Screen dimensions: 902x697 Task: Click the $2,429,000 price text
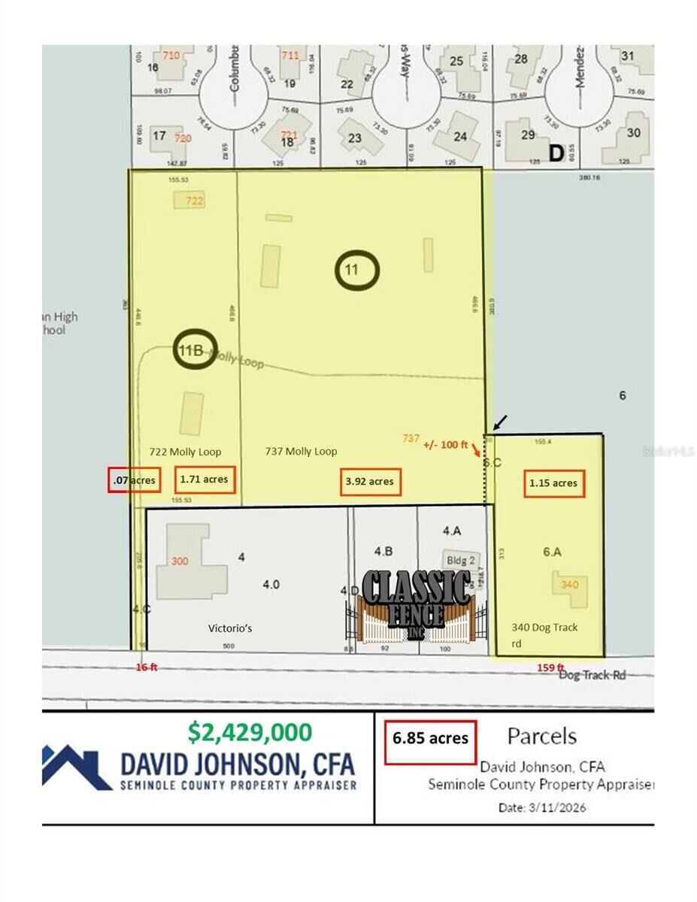[x=250, y=731]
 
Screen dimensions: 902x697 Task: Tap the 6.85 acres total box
[x=430, y=738]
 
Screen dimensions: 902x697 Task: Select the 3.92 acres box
[x=371, y=482]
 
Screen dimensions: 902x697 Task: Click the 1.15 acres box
[x=553, y=483]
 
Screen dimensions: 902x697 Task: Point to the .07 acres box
[x=134, y=479]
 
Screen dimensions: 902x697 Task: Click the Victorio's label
[x=229, y=628]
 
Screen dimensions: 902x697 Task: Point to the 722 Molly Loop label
[x=185, y=452]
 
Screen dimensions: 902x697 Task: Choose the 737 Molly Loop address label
[x=301, y=452]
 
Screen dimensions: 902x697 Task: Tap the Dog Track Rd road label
[x=592, y=675]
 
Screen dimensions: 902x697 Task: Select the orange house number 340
[x=569, y=585]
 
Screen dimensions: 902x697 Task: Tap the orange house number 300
[x=180, y=561]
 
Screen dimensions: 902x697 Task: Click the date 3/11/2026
[x=541, y=808]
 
